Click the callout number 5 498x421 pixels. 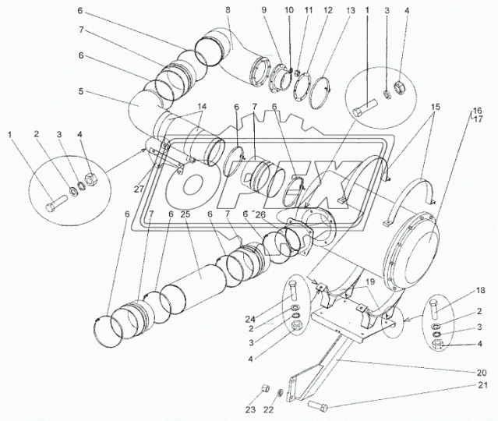[x=80, y=91]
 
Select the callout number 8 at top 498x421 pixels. [x=228, y=10]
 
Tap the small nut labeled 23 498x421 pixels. [x=263, y=387]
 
